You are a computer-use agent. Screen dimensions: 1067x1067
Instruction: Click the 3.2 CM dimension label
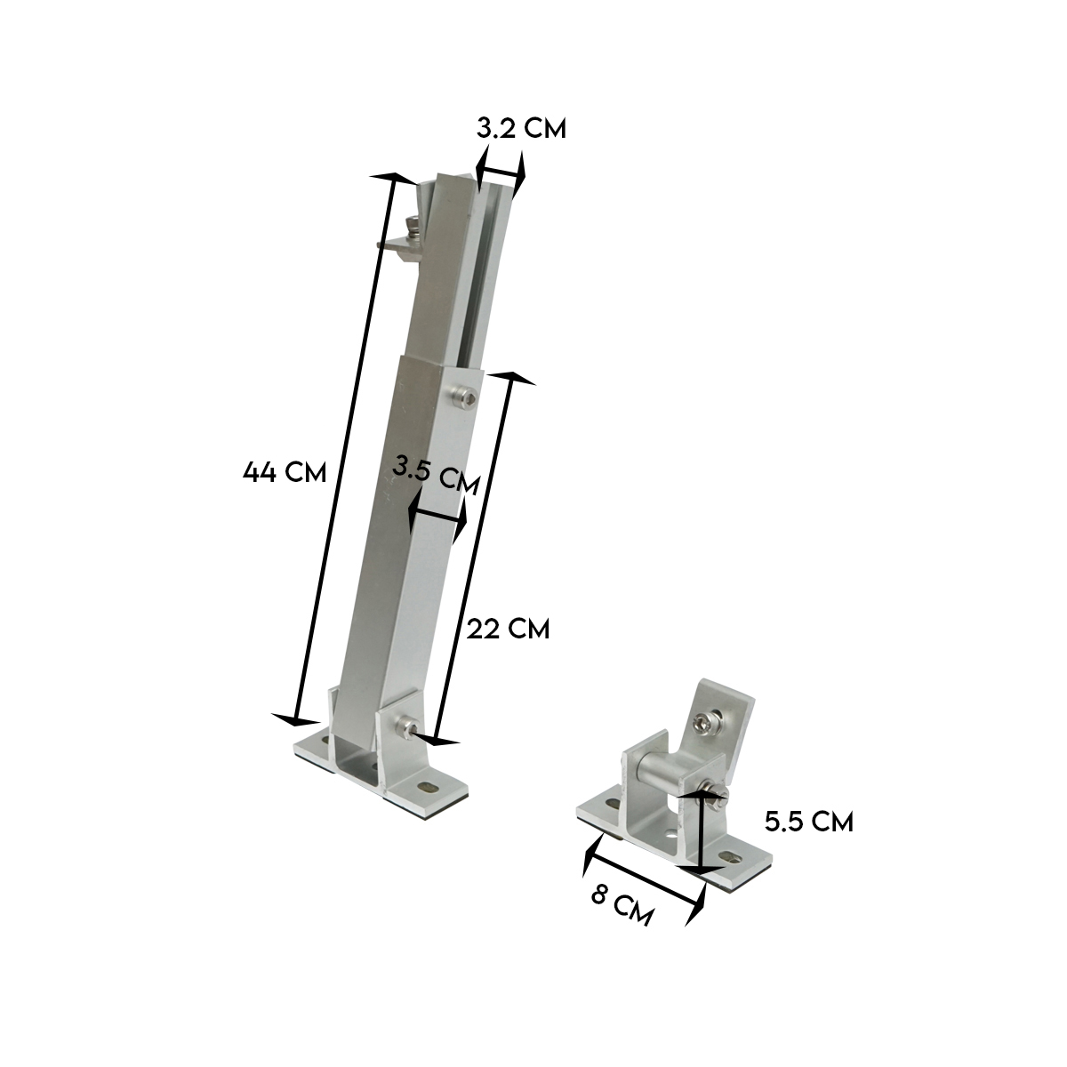[x=521, y=129]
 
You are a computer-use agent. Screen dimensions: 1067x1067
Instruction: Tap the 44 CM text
[x=285, y=472]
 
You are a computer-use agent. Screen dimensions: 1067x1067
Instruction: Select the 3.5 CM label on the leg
[x=436, y=475]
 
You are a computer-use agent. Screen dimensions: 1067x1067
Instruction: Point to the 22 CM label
[x=509, y=629]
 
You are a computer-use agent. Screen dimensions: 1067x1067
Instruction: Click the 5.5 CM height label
[x=809, y=822]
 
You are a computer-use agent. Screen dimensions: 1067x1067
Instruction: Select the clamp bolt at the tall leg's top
[x=413, y=229]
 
